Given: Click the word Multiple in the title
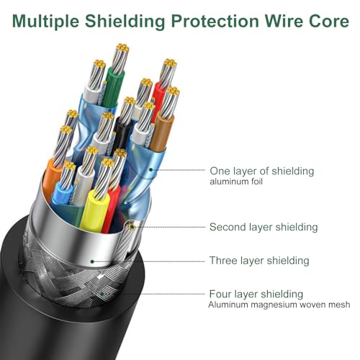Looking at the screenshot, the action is pos(45,21).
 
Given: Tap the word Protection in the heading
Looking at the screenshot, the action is pos(215,21).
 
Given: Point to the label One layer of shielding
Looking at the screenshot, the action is pos(262,171).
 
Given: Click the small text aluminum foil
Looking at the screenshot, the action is pos(236,181).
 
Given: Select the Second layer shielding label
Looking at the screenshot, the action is pos(264,227).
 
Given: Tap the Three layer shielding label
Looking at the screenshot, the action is pos(259,261).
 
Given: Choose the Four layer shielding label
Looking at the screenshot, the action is pos(256,294).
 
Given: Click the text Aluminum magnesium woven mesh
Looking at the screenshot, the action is pos(279,305).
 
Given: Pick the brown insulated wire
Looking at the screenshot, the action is pos(161,132).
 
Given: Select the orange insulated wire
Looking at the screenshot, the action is pos(51,178).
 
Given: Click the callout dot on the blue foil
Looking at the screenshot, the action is pos(150,170).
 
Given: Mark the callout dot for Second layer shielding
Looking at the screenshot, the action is pos(131,227).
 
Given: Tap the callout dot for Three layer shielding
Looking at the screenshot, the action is pos(92,261).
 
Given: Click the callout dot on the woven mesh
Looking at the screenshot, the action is pos(102,294).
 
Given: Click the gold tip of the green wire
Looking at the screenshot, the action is pos(122,48).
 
